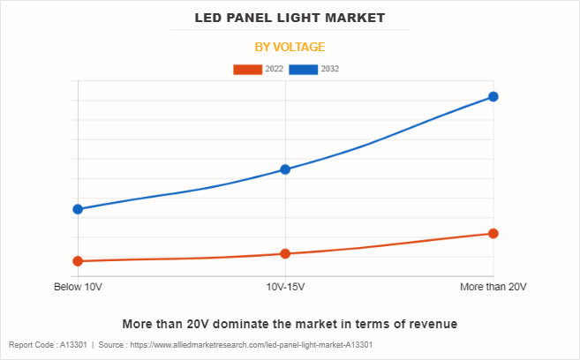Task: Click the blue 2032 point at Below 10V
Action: tap(78, 209)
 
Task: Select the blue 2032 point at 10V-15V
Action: tap(285, 169)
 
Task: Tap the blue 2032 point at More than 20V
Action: tap(493, 96)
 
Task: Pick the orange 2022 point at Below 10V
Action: tap(78, 261)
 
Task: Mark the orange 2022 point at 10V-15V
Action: tap(285, 254)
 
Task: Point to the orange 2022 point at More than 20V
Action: tap(493, 234)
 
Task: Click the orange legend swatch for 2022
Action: tap(247, 69)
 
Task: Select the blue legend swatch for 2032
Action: tap(305, 69)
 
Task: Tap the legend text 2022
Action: tap(274, 69)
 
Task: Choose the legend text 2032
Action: tap(330, 69)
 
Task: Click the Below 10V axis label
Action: tap(78, 288)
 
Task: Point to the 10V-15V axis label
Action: tap(285, 288)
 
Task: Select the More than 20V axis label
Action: tap(493, 288)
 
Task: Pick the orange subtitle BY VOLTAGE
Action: tap(290, 47)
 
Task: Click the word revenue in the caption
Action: tap(433, 324)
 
